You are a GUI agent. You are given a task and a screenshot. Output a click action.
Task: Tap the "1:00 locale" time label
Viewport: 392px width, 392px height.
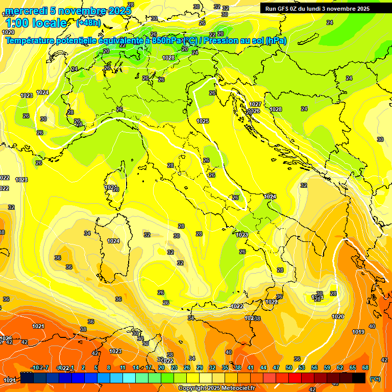point(36,23)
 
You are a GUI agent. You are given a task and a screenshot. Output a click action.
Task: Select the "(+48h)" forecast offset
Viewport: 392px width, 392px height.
point(88,23)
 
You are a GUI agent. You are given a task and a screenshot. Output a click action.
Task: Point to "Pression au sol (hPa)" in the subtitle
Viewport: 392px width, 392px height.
point(246,40)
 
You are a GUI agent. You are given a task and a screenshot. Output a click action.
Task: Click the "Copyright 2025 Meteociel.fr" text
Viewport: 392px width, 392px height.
point(216,388)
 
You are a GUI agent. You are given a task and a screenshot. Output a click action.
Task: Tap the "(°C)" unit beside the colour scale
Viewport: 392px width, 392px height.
point(375,379)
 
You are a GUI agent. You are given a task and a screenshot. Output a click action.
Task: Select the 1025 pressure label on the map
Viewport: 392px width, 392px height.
point(203,121)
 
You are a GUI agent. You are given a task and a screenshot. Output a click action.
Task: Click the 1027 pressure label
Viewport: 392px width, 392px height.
point(256,104)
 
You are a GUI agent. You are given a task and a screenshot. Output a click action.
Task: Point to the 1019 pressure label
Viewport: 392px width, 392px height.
point(358,332)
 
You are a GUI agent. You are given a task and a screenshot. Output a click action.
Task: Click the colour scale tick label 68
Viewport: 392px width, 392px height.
point(365,367)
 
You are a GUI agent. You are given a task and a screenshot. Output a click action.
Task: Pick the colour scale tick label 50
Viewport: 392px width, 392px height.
point(289,367)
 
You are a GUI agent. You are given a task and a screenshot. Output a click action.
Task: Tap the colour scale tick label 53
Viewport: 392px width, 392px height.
point(302,367)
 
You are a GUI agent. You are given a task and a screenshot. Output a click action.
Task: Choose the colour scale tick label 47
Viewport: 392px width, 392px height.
point(276,367)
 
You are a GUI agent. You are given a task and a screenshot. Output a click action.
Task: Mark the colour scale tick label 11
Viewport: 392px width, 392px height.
point(122,367)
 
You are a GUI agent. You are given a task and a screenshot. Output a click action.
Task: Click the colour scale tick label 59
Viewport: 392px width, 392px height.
point(327,367)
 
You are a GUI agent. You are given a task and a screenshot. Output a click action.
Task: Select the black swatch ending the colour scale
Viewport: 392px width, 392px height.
point(359,378)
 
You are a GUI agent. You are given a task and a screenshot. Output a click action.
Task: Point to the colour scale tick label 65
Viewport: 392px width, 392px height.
point(353,367)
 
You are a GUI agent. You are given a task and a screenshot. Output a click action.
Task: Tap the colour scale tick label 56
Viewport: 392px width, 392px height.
point(314,367)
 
